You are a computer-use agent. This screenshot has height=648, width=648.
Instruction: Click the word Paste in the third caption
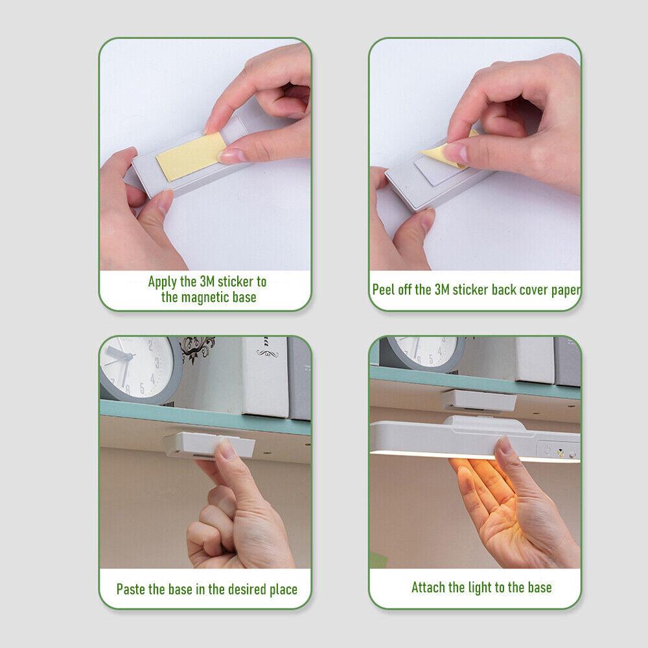point(130,589)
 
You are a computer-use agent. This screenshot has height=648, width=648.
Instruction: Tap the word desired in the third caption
point(247,589)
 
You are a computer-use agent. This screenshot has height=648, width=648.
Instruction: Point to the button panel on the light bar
point(558,450)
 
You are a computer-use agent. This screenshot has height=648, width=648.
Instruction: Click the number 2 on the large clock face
point(151,344)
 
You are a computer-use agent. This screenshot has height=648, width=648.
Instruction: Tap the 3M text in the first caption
point(207,282)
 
